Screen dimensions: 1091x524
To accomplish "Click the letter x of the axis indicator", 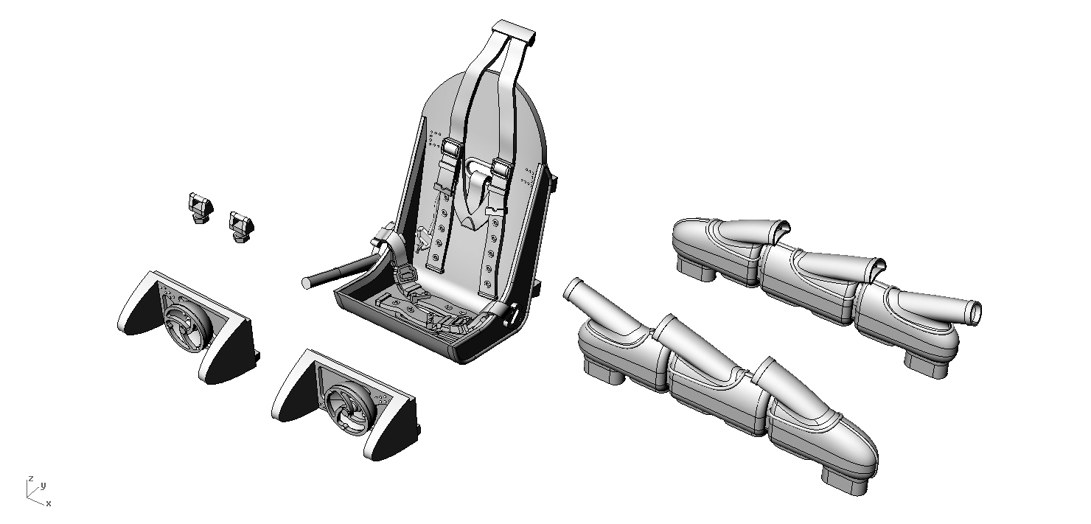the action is tap(49, 503).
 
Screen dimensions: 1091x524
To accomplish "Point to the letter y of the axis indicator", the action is tap(43, 485).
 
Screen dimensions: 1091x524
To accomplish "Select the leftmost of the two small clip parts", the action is tap(201, 208).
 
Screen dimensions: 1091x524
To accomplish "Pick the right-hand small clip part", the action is tap(241, 227).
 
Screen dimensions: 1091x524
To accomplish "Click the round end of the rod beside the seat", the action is tap(307, 283).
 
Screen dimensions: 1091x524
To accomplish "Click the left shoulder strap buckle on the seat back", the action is tap(452, 147).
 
